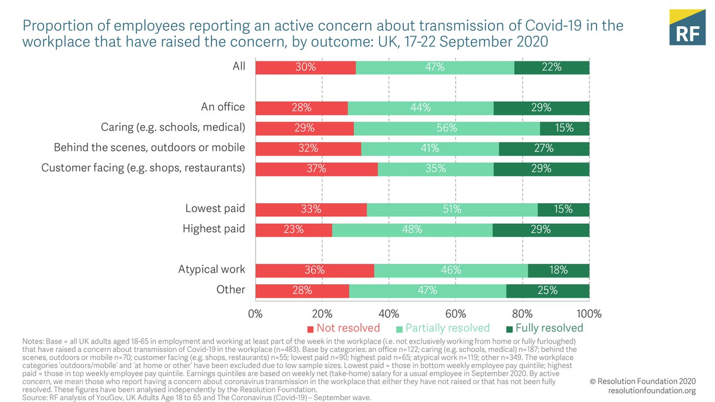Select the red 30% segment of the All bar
pyautogui.click(x=306, y=67)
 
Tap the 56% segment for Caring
pyautogui.click(x=447, y=128)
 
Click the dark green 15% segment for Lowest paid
pyautogui.click(x=563, y=210)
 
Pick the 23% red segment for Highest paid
pyautogui.click(x=293, y=230)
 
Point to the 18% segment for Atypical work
pyautogui.click(x=558, y=270)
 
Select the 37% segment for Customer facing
pyautogui.click(x=316, y=169)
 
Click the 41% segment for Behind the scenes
pyautogui.click(x=430, y=148)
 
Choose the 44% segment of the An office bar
pyautogui.click(x=421, y=108)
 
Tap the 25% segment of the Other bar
pyautogui.click(x=548, y=291)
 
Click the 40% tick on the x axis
pyautogui.click(x=388, y=313)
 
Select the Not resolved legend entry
pyautogui.click(x=344, y=328)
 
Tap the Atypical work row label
pyautogui.click(x=212, y=270)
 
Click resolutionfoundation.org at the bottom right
pyautogui.click(x=652, y=391)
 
